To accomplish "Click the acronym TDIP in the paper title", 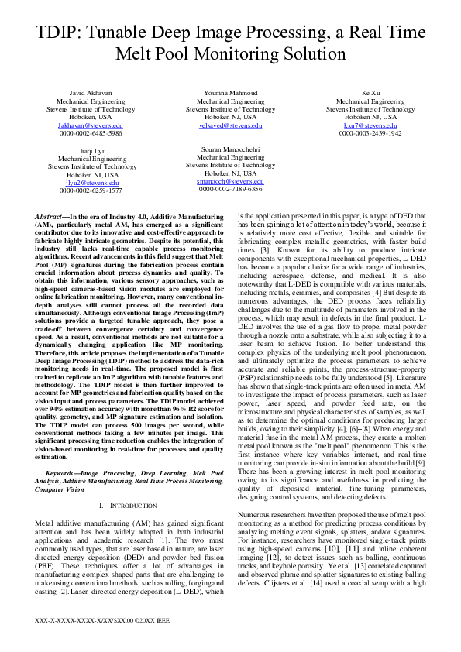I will tap(60, 33).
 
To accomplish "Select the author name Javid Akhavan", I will tap(91, 93).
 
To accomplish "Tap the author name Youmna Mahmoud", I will tap(230, 93).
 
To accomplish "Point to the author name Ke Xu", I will tap(370, 93).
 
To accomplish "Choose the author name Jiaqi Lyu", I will tap(91, 150).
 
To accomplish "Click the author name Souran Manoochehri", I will tap(230, 149).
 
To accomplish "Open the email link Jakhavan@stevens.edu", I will tap(91, 125).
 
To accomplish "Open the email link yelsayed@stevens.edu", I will tap(230, 125).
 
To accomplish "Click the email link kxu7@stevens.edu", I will tap(370, 125).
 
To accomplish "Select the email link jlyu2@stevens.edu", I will tap(91, 182).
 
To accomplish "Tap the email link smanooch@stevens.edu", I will tap(230, 180).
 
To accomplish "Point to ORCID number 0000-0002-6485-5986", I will tap(91, 133).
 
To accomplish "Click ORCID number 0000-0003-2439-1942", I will tap(370, 133).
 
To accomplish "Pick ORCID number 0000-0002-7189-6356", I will tap(230, 189).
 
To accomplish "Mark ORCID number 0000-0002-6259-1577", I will tap(91, 190).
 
